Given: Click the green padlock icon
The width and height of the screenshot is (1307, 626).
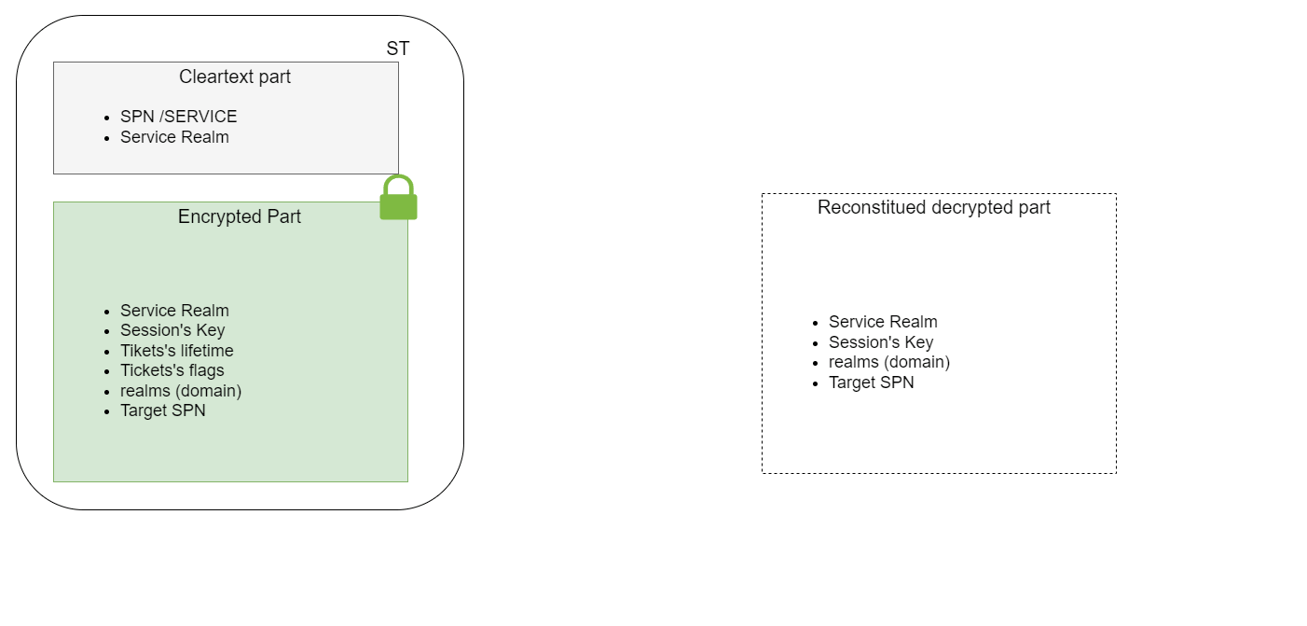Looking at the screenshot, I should (398, 199).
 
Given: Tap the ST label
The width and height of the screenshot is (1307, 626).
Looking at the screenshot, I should (397, 49).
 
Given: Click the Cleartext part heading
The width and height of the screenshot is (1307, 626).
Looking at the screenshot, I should (235, 77).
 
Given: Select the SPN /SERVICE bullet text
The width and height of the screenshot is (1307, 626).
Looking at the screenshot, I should (178, 117).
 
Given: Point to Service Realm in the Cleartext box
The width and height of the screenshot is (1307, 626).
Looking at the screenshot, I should (174, 137).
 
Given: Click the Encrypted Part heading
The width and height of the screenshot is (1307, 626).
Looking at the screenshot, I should (240, 216).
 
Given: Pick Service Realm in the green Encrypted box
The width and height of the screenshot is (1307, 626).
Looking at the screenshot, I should (174, 311).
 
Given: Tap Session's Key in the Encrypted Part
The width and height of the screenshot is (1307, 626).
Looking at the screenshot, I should (172, 330).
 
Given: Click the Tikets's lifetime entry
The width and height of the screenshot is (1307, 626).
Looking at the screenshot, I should (176, 351).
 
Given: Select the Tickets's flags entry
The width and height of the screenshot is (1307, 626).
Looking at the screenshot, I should (172, 370).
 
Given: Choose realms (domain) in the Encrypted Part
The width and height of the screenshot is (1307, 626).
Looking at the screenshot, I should (181, 391).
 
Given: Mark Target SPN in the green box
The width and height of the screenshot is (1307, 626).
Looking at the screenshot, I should (162, 410).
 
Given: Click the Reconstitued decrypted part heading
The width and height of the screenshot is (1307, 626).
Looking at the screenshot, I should (933, 207).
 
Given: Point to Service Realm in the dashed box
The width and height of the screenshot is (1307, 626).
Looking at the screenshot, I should (883, 322).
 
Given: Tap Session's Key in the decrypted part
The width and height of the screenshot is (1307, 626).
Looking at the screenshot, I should (881, 342).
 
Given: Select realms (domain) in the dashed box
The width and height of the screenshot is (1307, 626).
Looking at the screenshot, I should (889, 362).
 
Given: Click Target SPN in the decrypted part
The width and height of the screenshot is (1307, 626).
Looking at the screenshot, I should (871, 383).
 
